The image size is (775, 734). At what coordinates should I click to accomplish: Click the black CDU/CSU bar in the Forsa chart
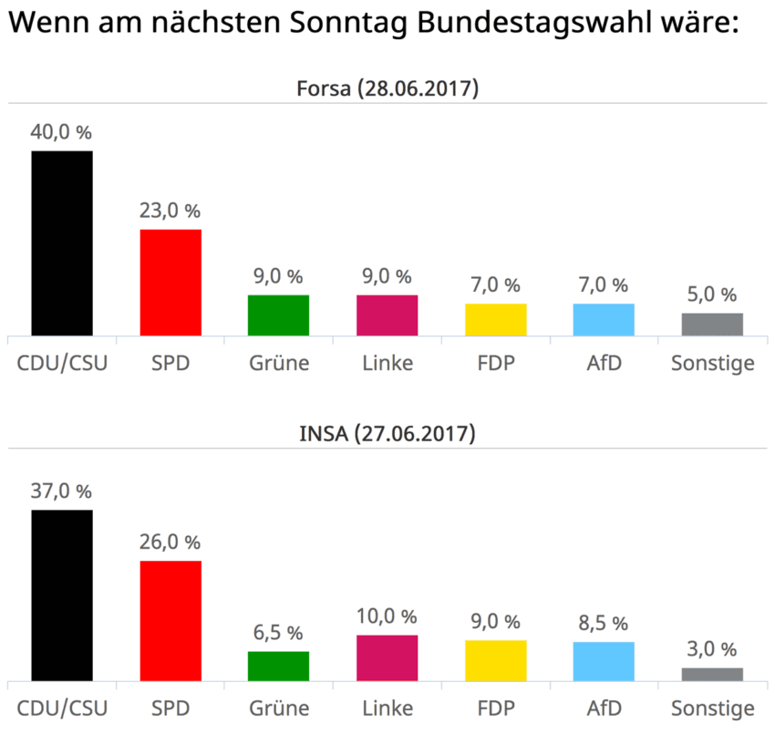click(62, 243)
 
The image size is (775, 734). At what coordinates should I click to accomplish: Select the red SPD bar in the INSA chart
click(170, 621)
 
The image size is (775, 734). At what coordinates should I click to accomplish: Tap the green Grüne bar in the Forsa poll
click(279, 315)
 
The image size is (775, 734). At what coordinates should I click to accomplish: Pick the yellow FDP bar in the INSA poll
click(496, 660)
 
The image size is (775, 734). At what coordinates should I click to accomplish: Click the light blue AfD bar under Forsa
click(604, 319)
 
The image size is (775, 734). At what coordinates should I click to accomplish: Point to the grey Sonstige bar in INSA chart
click(712, 674)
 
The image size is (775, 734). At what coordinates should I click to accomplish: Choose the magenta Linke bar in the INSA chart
click(387, 657)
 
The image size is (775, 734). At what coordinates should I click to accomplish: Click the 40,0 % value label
click(62, 132)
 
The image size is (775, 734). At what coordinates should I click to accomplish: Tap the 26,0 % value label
click(170, 543)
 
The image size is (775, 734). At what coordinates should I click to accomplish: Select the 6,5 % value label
click(279, 633)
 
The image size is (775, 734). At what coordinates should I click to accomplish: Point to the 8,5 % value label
click(604, 624)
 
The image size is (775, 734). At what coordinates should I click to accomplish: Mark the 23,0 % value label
click(170, 211)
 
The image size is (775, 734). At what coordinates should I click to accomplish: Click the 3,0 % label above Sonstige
click(712, 649)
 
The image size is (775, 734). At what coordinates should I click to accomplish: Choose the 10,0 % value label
click(387, 616)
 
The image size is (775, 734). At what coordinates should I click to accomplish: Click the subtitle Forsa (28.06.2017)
click(387, 88)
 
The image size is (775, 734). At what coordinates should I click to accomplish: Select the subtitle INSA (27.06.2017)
click(387, 434)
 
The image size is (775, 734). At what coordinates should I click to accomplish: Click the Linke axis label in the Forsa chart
click(387, 363)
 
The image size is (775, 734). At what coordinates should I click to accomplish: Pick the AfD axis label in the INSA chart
click(604, 708)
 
